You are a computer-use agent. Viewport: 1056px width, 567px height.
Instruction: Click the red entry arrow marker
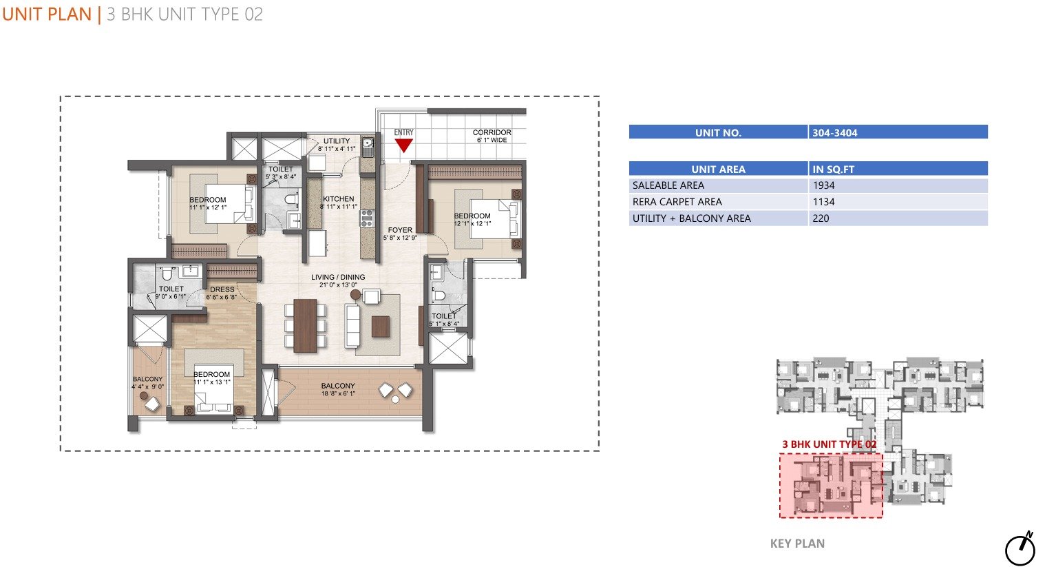click(403, 145)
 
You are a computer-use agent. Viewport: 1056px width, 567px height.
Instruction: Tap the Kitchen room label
click(339, 199)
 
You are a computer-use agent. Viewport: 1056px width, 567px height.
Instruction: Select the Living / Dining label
click(338, 277)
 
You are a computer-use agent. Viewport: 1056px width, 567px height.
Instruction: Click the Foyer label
click(400, 229)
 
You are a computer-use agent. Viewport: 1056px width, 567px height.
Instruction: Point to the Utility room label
click(337, 141)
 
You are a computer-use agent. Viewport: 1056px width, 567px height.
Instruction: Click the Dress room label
click(222, 289)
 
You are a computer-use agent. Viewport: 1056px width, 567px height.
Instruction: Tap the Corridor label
click(492, 132)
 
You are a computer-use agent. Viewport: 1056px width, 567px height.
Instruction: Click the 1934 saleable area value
click(823, 185)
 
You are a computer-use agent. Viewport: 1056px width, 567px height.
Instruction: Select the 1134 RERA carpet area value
click(823, 202)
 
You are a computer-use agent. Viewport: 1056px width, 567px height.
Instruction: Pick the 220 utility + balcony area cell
click(821, 218)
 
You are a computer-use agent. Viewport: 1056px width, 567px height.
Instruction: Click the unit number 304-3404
click(834, 133)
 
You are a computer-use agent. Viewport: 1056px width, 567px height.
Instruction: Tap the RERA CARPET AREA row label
click(677, 202)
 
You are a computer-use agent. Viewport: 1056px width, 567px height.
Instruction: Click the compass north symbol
click(1021, 548)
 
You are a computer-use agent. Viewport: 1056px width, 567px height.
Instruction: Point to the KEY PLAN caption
click(797, 544)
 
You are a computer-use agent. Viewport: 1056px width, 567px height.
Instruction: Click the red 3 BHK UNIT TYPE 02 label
click(830, 444)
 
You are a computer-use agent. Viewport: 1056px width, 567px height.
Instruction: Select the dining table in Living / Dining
click(305, 326)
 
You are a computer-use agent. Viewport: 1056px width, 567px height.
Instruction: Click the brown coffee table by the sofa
click(381, 327)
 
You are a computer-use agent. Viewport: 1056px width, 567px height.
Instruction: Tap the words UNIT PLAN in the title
click(47, 14)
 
